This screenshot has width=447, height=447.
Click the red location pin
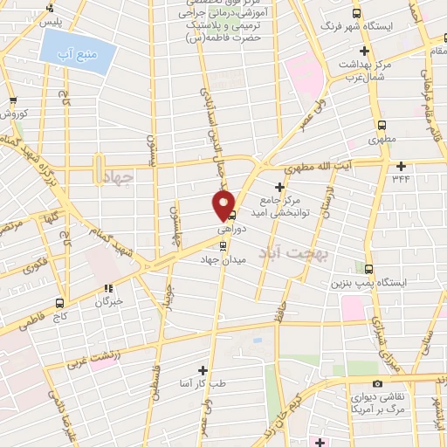[223, 206]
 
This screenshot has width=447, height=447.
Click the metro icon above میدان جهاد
[226, 244]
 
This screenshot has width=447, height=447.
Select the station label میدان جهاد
[229, 260]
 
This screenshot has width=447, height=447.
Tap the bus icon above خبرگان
[109, 289]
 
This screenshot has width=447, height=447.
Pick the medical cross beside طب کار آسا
[203, 370]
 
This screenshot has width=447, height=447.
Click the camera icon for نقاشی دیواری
[377, 383]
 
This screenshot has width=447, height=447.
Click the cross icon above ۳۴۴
[401, 166]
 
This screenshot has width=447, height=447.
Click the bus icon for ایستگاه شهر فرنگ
[356, 14]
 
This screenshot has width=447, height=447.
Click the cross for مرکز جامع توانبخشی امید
[279, 187]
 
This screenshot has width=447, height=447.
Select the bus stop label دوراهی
[230, 226]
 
